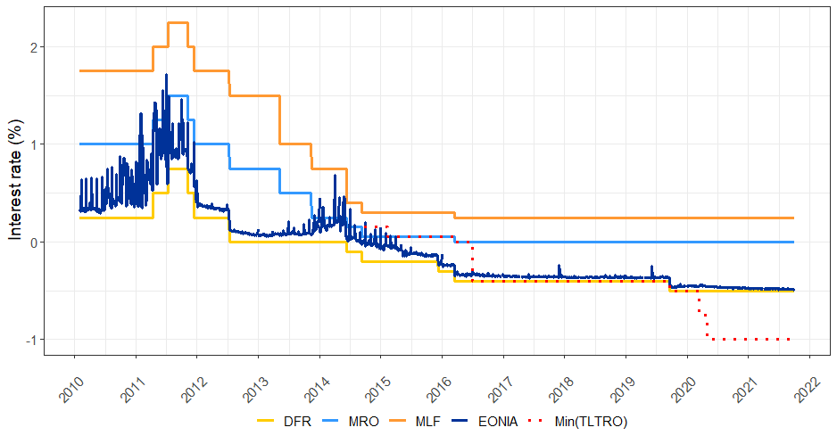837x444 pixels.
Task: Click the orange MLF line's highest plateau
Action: coord(178,22)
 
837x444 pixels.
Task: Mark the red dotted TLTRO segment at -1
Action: coord(750,339)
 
